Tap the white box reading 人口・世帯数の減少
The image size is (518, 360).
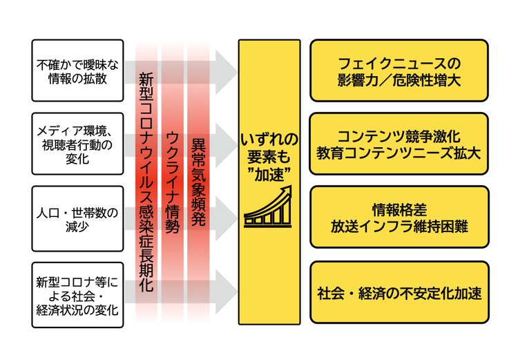(x=77, y=217)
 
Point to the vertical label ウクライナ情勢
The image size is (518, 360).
(x=173, y=183)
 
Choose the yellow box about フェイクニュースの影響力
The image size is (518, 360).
(x=399, y=70)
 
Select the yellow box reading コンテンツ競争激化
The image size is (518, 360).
(x=399, y=142)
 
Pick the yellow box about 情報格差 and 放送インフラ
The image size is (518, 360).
(x=399, y=216)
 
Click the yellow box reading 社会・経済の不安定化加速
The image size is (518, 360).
(x=399, y=292)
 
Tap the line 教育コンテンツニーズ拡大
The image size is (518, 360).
(x=399, y=152)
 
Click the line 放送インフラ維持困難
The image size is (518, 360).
(x=399, y=225)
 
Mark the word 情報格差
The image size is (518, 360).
(x=399, y=207)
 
